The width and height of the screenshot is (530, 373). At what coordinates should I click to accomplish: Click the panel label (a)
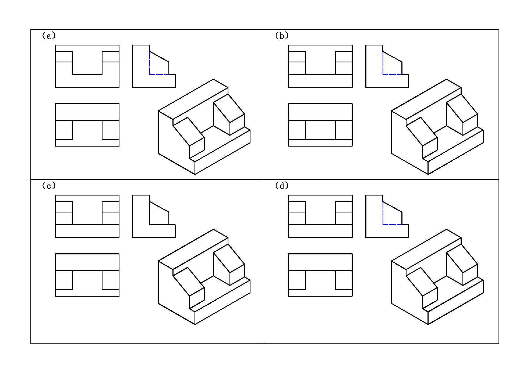click(49, 36)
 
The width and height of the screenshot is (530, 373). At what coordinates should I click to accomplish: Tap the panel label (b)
click(282, 36)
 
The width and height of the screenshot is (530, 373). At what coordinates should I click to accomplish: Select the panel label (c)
click(49, 186)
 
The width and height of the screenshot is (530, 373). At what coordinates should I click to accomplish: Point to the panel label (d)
click(282, 186)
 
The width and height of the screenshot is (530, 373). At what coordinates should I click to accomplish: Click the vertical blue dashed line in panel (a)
click(150, 63)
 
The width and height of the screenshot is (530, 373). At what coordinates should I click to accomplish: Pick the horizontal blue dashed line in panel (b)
click(392, 74)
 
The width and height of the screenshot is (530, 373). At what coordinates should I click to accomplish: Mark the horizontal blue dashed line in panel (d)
click(392, 225)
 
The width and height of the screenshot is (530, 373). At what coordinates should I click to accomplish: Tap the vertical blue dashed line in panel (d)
click(383, 213)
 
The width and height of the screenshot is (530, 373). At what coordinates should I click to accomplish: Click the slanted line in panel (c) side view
click(159, 207)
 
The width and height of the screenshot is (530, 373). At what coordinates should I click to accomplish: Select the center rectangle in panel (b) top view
click(320, 130)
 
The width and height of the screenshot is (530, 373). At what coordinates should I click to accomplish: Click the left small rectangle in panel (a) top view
click(64, 130)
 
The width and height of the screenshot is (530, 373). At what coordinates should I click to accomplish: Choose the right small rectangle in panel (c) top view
click(111, 280)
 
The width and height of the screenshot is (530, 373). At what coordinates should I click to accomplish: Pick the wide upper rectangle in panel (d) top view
click(320, 262)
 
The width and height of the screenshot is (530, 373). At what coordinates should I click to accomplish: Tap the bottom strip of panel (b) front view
click(320, 81)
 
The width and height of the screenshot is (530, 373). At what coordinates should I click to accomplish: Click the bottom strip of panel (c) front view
click(87, 231)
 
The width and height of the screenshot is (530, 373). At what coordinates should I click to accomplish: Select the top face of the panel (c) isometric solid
click(193, 249)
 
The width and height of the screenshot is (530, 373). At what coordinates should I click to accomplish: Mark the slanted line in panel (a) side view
click(159, 57)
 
